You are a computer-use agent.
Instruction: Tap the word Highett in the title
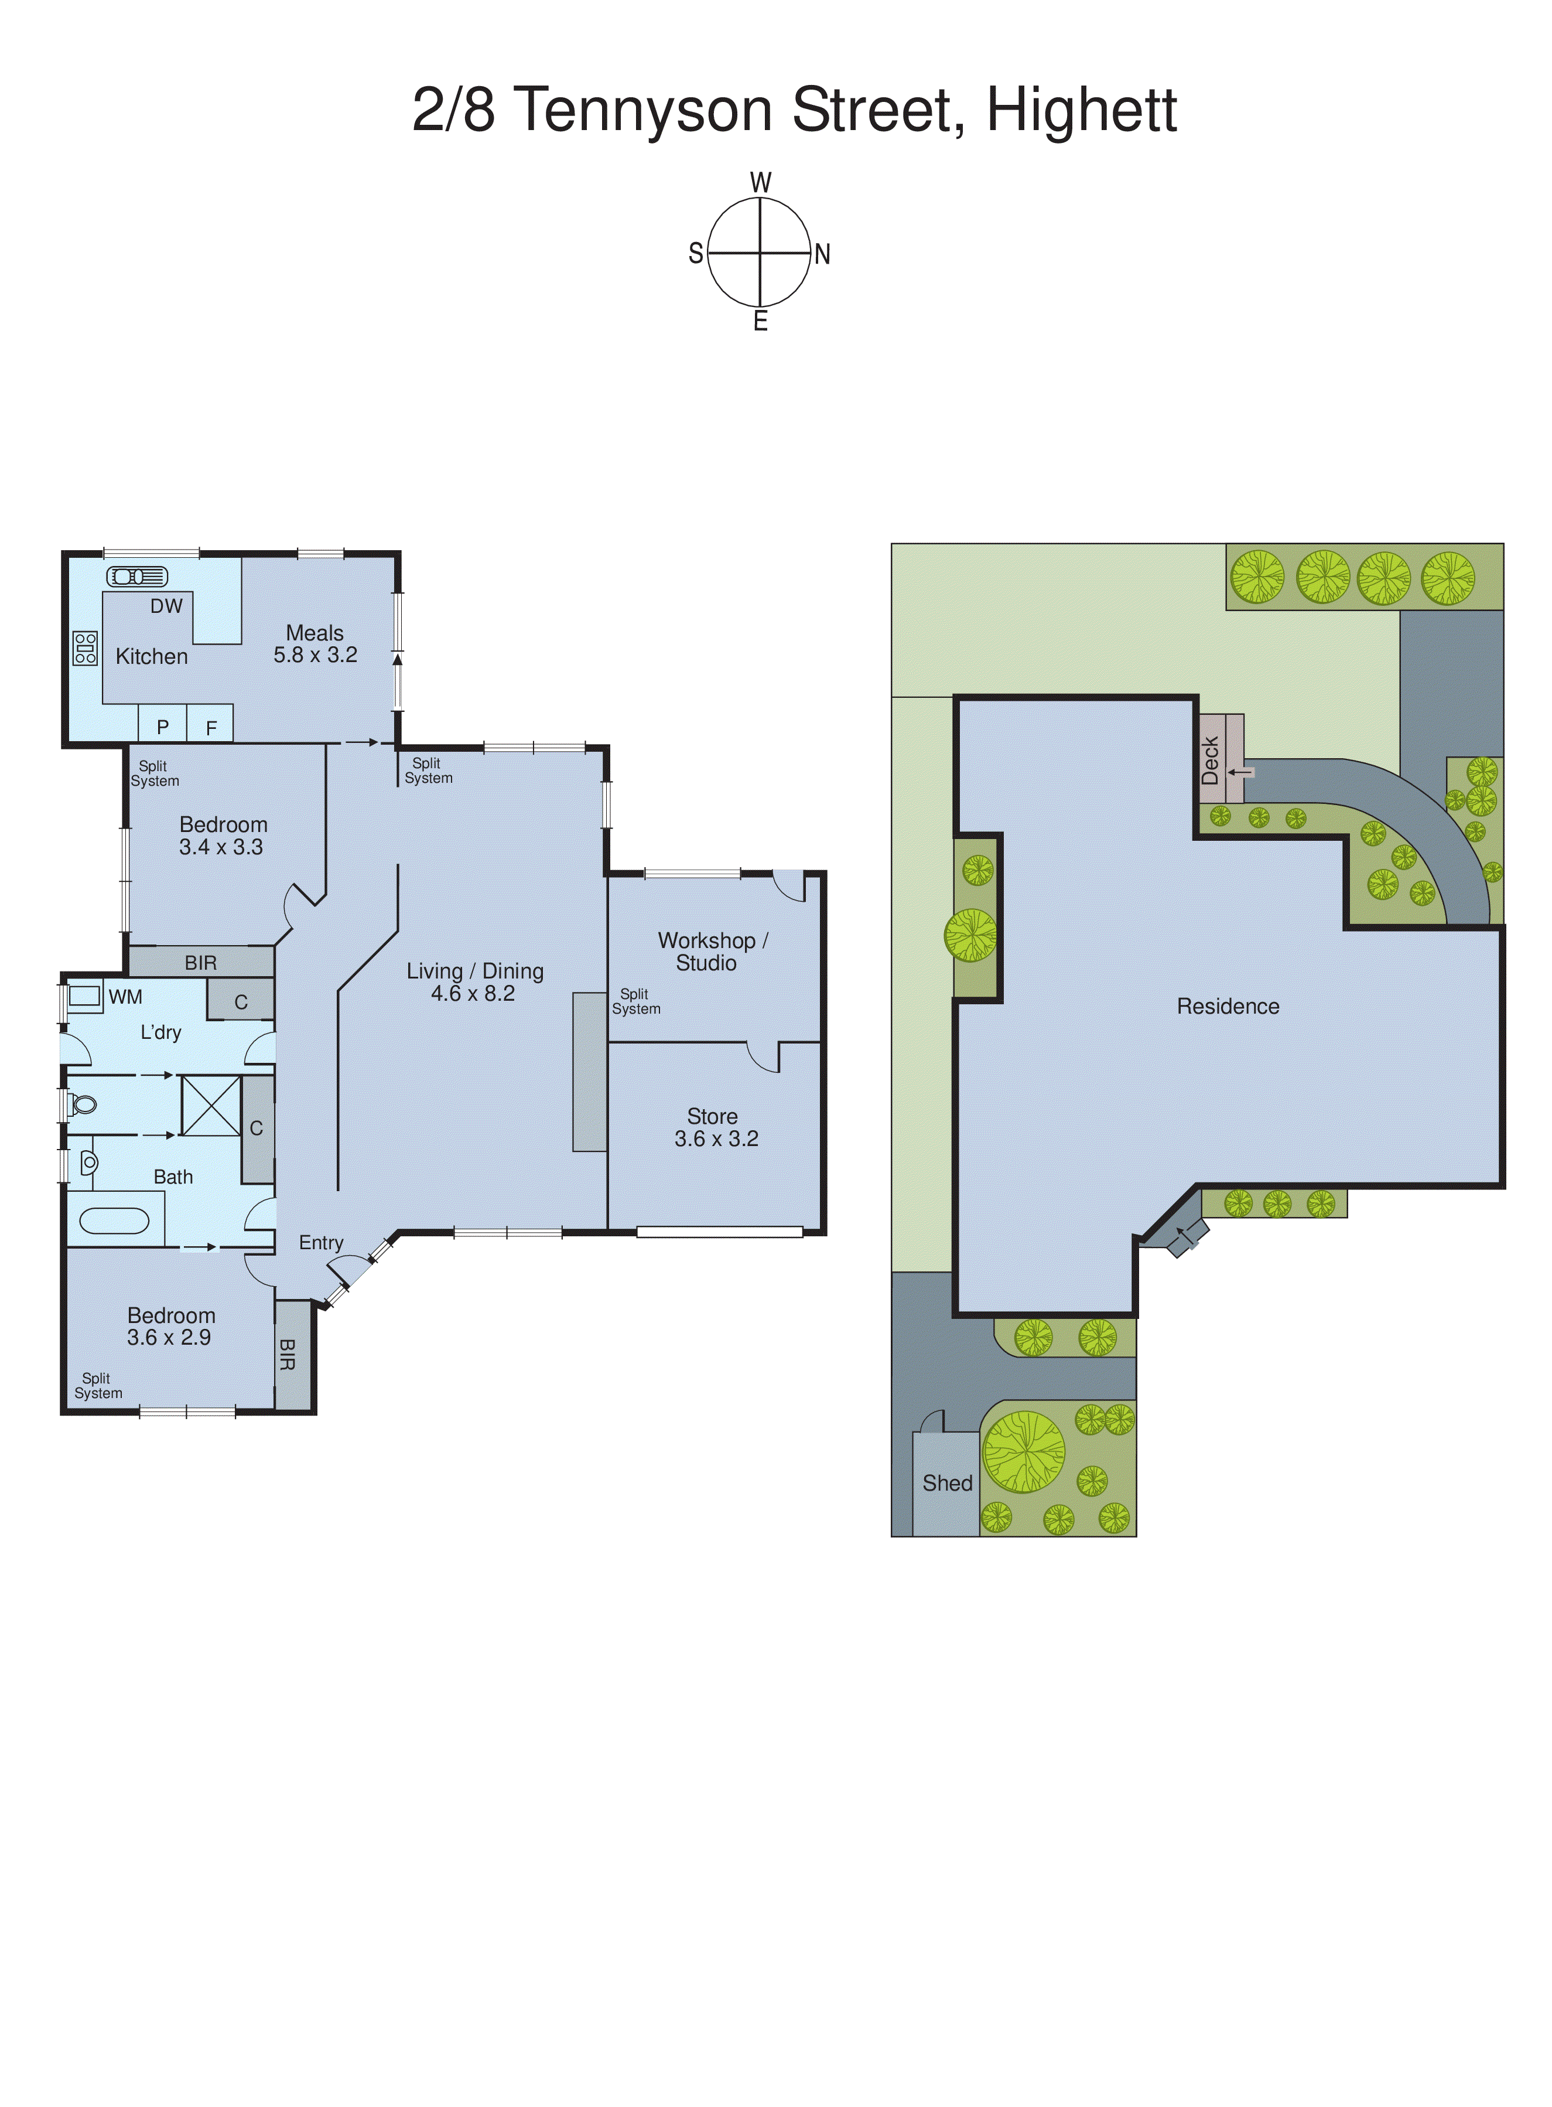[1081, 111]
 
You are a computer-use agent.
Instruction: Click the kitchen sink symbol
[137, 576]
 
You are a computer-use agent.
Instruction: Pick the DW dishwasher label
[166, 606]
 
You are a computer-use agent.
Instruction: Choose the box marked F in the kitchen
[211, 727]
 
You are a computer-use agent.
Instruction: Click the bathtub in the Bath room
[115, 1220]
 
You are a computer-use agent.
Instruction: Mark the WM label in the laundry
[125, 996]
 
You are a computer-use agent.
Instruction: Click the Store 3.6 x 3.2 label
[716, 1127]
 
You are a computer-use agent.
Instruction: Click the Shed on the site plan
[946, 1483]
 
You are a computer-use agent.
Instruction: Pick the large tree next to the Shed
[1024, 1452]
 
